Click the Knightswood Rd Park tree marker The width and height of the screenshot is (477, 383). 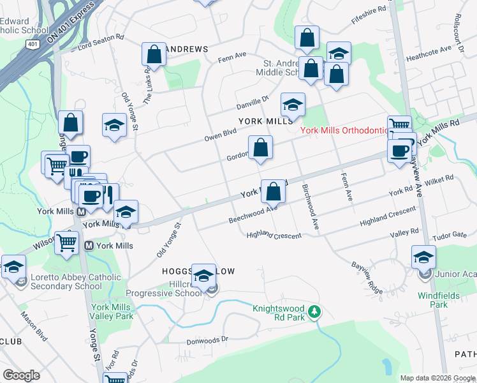tap(314, 312)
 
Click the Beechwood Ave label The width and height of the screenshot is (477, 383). tap(253, 216)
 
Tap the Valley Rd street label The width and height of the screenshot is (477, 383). tap(404, 232)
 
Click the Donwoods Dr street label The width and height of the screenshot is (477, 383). tap(207, 340)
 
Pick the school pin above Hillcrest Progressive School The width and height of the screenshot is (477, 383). tap(204, 276)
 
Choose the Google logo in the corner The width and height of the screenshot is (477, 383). tap(22, 375)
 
